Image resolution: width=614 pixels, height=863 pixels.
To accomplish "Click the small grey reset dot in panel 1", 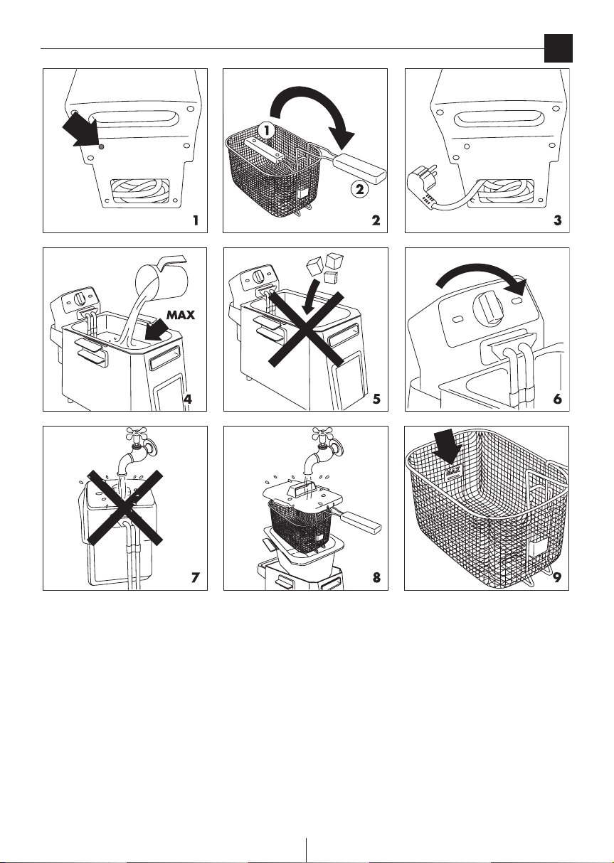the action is coord(102,146).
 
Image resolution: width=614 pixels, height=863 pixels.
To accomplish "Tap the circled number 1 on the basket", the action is coord(267,131).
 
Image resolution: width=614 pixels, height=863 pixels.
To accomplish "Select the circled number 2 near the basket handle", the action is coord(359,189).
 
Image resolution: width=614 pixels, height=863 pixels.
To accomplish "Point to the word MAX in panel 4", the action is coord(181,315).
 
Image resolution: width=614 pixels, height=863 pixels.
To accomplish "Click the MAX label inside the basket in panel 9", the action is coord(453,471).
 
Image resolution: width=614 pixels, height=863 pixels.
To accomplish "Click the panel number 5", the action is coord(376,398).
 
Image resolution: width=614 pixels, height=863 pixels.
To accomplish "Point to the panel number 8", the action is coord(376,577).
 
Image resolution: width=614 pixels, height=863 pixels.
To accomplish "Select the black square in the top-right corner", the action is coord(558,48).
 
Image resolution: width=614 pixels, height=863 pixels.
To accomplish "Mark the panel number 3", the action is coord(557,220).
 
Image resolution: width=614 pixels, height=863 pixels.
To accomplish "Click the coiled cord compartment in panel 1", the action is coord(139,191).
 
